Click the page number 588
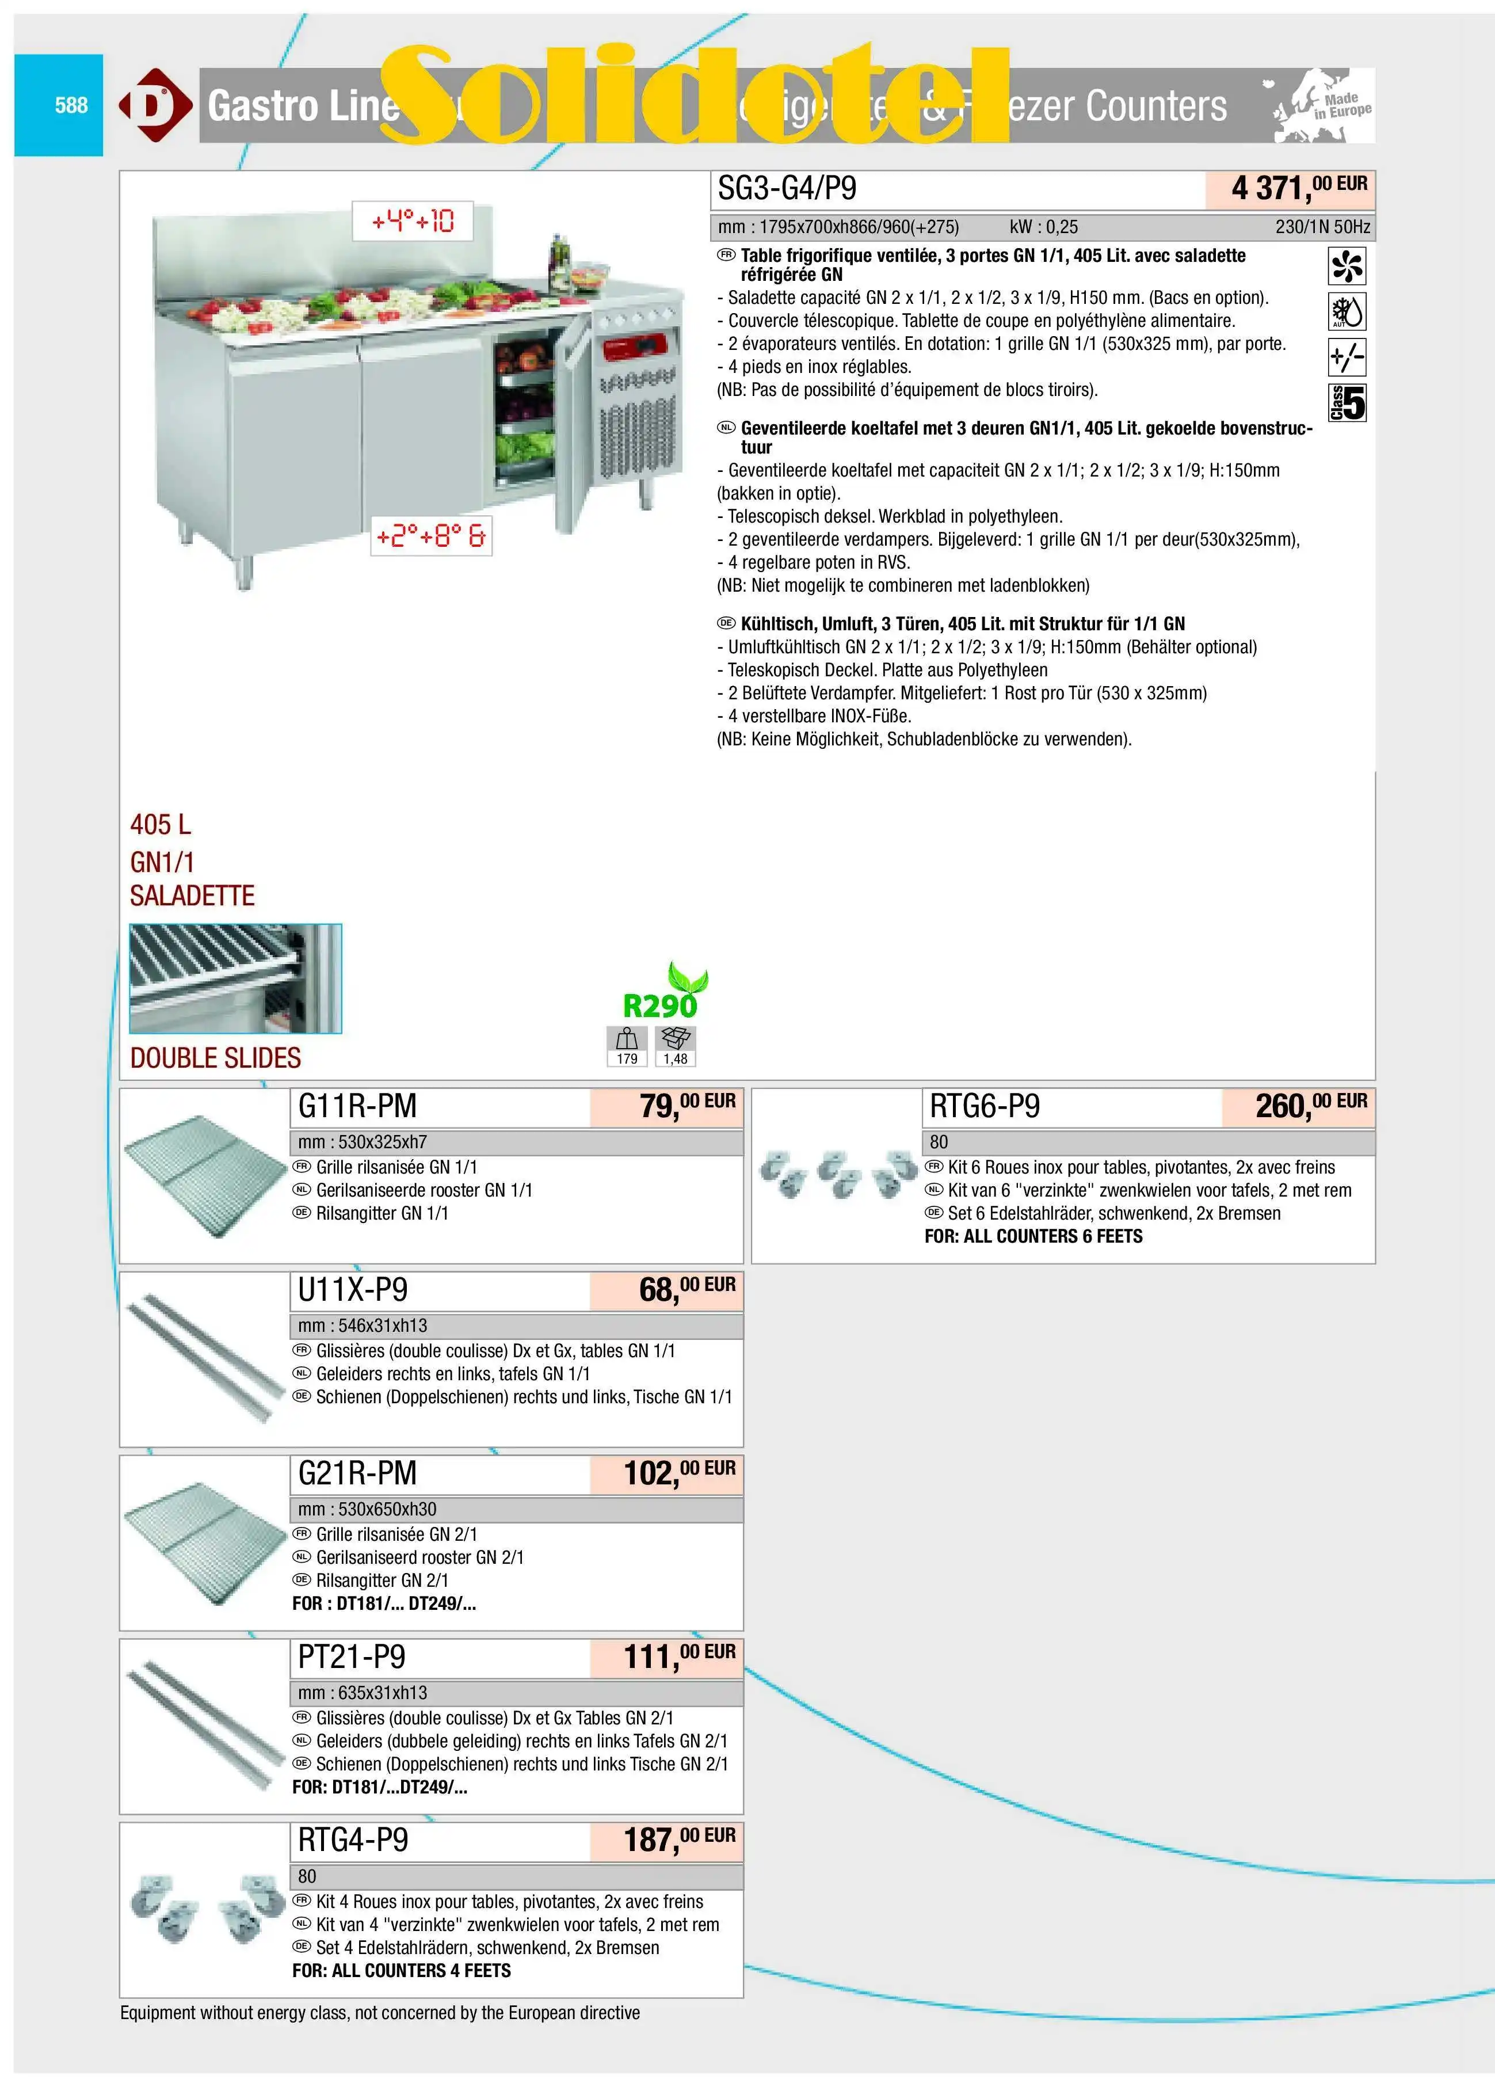coord(71,105)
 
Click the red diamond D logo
coord(155,105)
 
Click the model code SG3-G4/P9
coord(787,189)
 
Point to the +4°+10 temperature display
coord(412,221)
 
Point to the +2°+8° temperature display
coord(430,535)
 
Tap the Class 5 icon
coord(1347,403)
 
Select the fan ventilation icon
coord(1347,266)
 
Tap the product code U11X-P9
coord(352,1290)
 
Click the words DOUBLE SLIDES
coord(215,1058)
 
